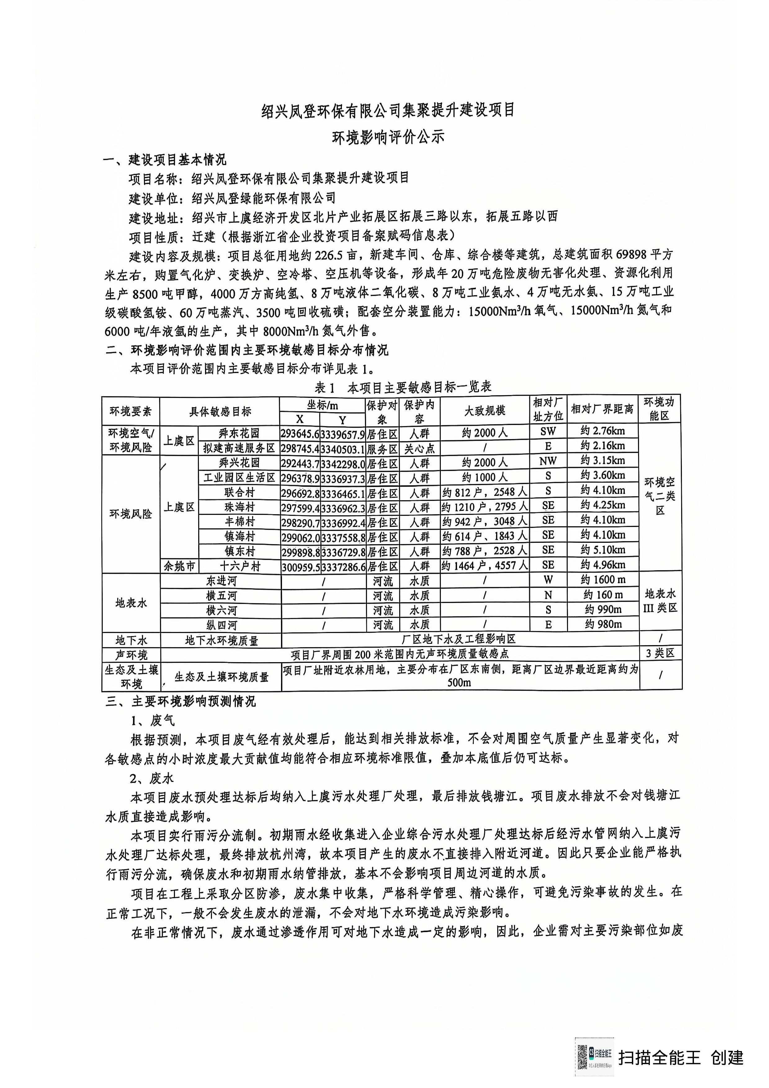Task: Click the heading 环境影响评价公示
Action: coord(387,137)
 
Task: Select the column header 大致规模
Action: coord(484,410)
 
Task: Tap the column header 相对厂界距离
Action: coord(602,409)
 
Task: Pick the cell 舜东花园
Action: coord(239,433)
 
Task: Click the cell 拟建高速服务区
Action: coord(239,448)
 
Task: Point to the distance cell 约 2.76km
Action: coord(602,431)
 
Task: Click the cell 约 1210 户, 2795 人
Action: coord(484,507)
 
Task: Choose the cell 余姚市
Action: coord(179,566)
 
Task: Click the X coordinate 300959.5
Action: coord(300,567)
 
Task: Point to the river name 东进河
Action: coord(221,581)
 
